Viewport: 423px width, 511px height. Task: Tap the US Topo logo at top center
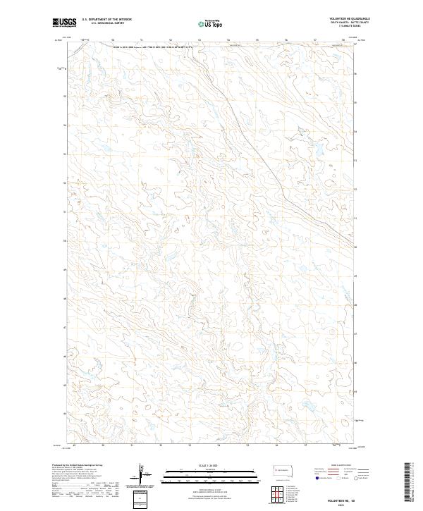tap(211, 23)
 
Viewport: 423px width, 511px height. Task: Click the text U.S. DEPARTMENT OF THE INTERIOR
tap(106, 20)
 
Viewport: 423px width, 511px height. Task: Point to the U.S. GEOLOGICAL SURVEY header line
tap(106, 23)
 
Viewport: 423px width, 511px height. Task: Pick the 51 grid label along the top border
tap(142, 40)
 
